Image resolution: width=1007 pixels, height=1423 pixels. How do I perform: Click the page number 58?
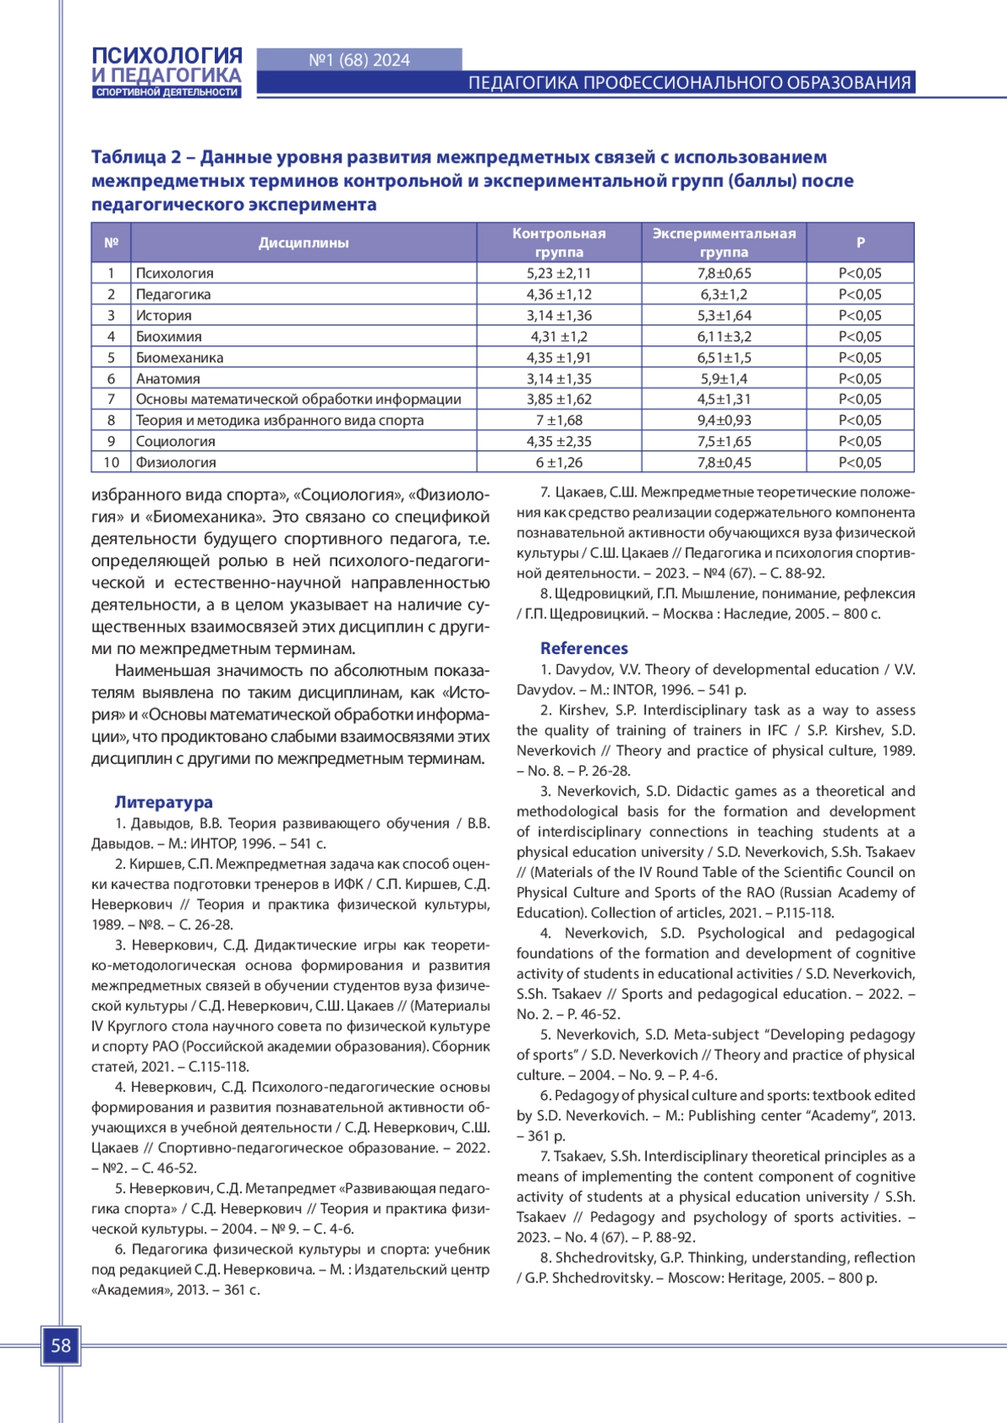(x=60, y=1346)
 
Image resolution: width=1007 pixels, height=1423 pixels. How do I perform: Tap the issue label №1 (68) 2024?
(x=359, y=60)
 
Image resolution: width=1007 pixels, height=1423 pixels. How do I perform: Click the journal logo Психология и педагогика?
(x=167, y=72)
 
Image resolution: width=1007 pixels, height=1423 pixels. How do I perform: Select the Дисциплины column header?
(x=303, y=243)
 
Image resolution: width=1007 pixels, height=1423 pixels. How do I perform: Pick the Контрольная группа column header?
(x=559, y=242)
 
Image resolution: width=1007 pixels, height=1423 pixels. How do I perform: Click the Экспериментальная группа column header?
(x=723, y=242)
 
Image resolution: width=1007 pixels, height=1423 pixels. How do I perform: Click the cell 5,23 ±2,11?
(x=559, y=273)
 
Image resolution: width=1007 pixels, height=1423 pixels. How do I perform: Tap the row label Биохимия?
(x=169, y=336)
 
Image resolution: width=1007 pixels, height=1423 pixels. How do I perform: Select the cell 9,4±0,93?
(x=723, y=420)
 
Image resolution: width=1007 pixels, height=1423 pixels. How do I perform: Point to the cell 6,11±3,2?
(x=723, y=336)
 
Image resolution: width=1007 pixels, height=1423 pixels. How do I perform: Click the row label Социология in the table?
(x=175, y=441)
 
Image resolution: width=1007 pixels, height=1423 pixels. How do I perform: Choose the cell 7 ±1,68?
(x=559, y=420)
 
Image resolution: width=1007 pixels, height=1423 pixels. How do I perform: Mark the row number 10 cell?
(x=112, y=462)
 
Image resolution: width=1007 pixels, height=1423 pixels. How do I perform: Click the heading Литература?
(x=164, y=802)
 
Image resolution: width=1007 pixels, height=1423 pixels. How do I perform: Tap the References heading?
(x=584, y=648)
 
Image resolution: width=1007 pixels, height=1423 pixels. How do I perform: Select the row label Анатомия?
(x=168, y=378)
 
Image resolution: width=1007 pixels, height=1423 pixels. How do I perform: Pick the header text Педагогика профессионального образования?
(x=689, y=83)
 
